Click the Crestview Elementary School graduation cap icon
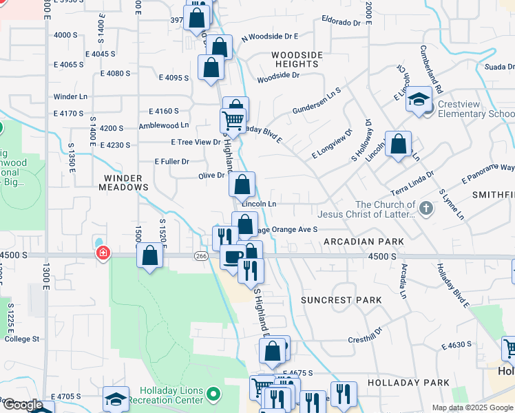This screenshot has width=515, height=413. point(418,100)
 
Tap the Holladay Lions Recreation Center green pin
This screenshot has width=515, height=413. point(214,394)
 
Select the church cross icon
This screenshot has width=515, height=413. point(426,208)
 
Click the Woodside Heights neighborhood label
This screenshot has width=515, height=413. point(295,59)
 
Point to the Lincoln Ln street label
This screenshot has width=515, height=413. point(259,204)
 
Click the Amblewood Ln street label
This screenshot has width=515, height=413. point(163,125)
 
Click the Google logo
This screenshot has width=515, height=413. point(23,405)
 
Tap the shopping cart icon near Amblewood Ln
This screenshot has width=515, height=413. point(233,120)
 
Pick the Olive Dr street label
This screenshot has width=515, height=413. point(211,176)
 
